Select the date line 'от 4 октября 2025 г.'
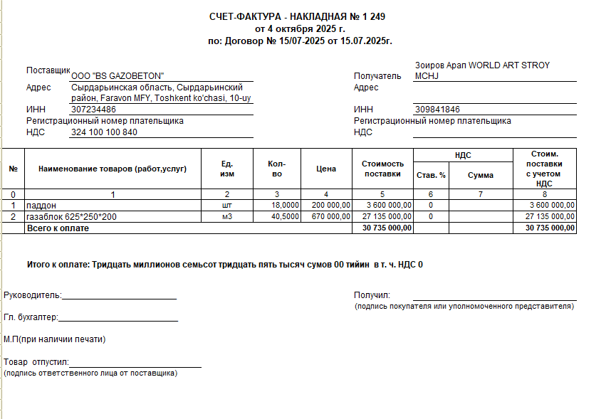tap(300, 29)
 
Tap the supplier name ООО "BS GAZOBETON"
tap(117, 76)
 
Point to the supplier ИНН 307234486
tap(93, 110)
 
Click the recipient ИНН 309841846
tap(437, 110)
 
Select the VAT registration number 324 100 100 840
tap(104, 132)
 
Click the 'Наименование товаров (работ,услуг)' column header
tap(113, 169)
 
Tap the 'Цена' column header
tap(326, 169)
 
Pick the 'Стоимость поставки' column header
tap(382, 169)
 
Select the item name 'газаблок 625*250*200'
tap(72, 216)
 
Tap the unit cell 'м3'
tap(227, 216)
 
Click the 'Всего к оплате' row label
tap(58, 228)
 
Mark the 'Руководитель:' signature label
tap(33, 295)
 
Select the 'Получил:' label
tap(372, 295)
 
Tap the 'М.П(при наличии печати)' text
tap(55, 339)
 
